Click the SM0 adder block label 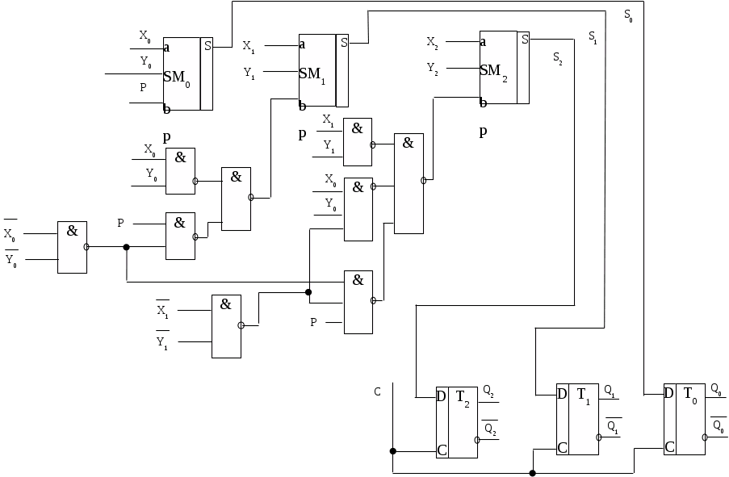point(177,77)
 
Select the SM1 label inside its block point(312,74)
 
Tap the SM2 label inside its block point(493,71)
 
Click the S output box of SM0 point(207,45)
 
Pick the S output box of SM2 point(525,39)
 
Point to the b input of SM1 point(302,106)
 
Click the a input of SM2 point(483,42)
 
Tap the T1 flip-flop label point(583,395)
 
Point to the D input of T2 point(442,396)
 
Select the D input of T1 point(562,395)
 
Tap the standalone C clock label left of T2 point(377,391)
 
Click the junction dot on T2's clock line point(392,451)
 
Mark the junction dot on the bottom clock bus point(532,473)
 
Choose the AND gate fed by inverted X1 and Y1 point(226,326)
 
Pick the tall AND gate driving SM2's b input point(408,183)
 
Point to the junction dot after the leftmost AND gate point(126,248)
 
